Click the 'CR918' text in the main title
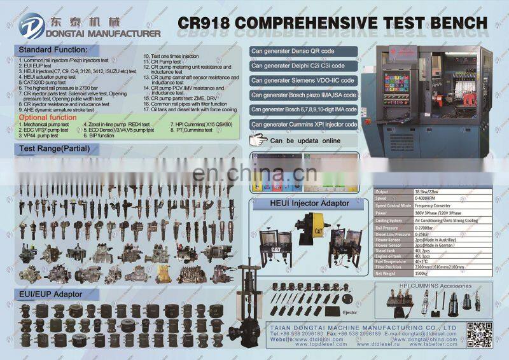click(x=203, y=24)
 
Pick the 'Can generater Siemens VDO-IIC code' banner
click(x=303, y=81)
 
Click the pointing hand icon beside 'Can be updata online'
click(x=258, y=140)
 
